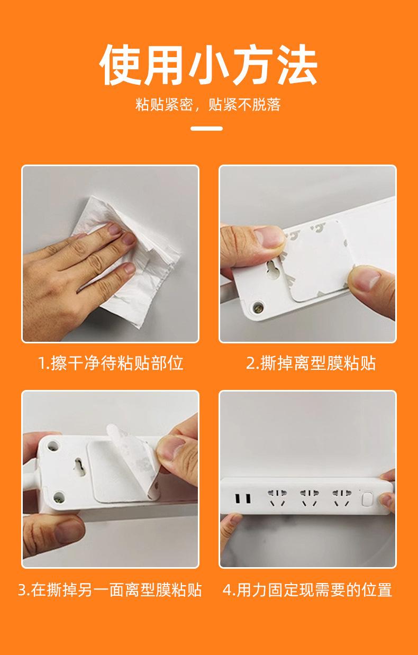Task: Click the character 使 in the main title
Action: tap(121, 65)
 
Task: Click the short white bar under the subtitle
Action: tap(207, 129)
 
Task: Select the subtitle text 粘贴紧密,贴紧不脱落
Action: tap(208, 105)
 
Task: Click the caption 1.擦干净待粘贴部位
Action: tap(111, 363)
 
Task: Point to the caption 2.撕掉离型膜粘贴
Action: tap(311, 363)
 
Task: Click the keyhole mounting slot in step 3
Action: tap(79, 467)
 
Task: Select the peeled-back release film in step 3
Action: tap(132, 462)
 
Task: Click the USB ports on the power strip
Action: tap(243, 498)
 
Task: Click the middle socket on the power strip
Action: tap(309, 498)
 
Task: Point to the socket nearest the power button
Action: tap(341, 498)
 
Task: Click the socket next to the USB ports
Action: tap(277, 498)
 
